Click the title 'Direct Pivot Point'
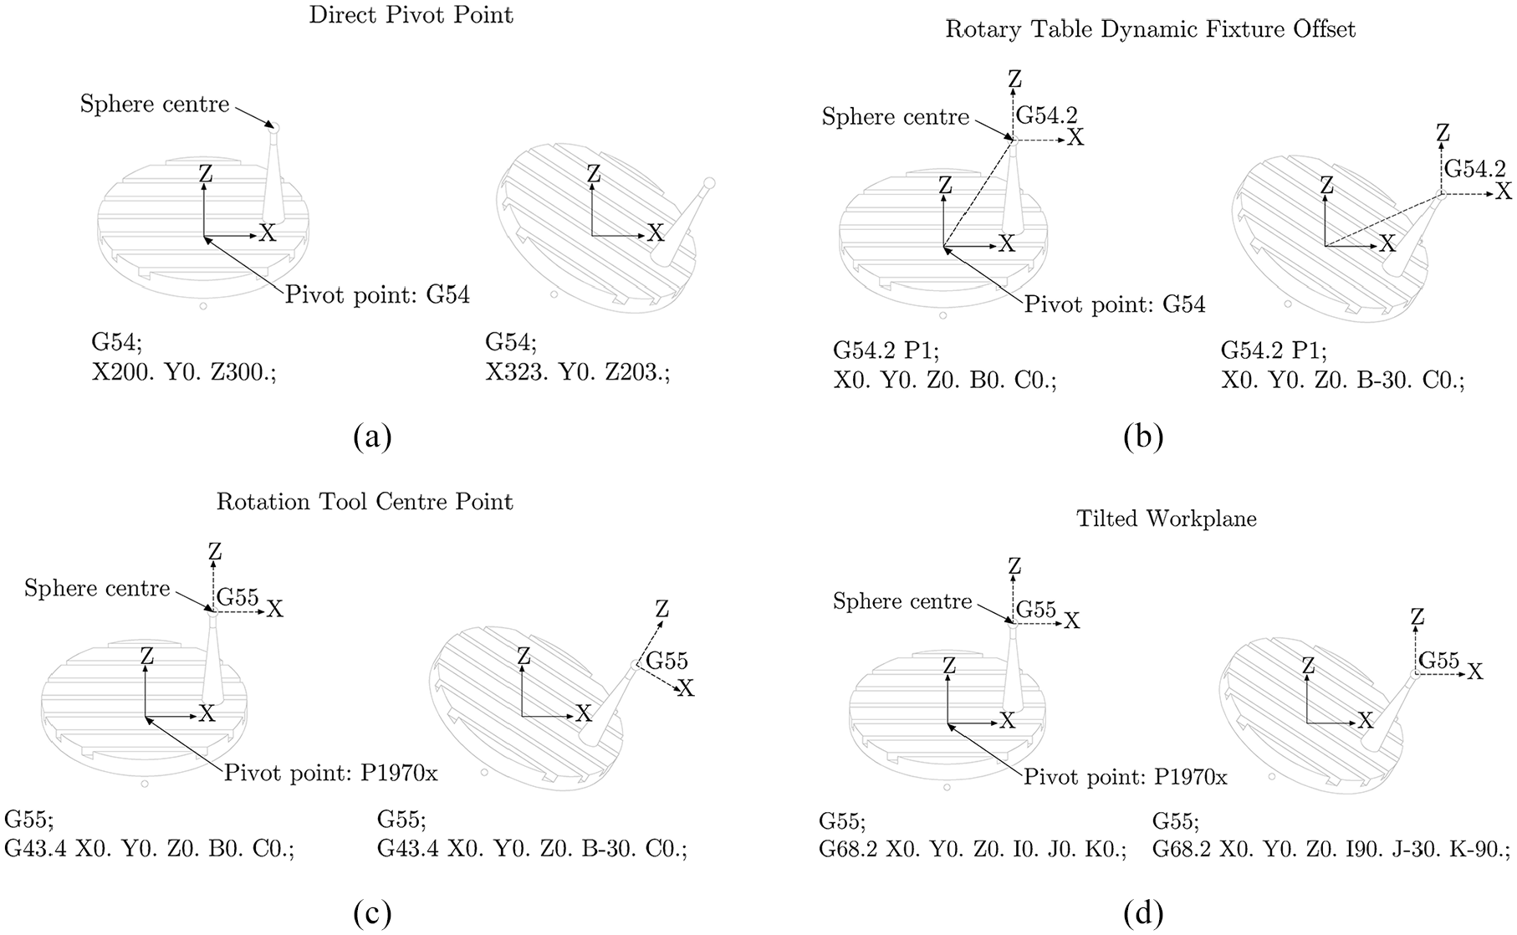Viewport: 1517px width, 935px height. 411,15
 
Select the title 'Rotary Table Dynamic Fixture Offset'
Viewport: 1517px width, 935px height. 1150,30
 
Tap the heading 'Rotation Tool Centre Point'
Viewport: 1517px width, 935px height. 365,502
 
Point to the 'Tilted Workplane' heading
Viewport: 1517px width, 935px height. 1167,519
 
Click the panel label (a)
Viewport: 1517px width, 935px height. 372,437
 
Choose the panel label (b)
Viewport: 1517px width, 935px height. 1144,437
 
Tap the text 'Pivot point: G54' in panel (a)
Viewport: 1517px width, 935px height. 378,294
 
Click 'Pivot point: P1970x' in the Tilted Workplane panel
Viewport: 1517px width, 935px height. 1126,778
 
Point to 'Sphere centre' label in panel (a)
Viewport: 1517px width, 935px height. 155,105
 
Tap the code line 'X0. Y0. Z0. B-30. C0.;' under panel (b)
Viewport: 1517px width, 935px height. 1343,381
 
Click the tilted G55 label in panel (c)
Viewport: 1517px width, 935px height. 667,662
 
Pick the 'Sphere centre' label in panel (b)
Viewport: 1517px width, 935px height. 896,117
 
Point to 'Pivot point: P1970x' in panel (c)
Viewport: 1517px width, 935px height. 330,774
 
